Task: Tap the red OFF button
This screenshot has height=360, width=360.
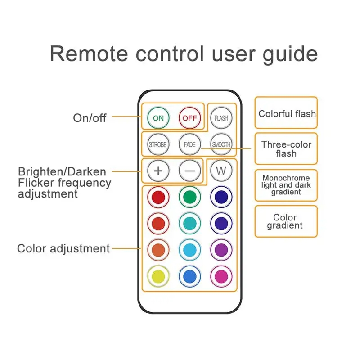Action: (x=189, y=118)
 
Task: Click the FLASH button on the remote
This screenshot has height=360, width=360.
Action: (x=221, y=118)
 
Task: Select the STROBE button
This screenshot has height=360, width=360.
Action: (x=158, y=144)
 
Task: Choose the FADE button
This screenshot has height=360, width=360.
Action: (x=189, y=144)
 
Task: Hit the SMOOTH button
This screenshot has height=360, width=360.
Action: (x=221, y=144)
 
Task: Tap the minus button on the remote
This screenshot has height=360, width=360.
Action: (x=189, y=171)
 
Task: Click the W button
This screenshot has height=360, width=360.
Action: (x=221, y=171)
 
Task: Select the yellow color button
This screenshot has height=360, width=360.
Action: (x=158, y=276)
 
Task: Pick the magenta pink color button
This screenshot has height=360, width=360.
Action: (x=221, y=276)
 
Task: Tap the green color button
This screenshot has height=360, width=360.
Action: (x=189, y=197)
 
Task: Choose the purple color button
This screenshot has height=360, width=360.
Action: (x=221, y=250)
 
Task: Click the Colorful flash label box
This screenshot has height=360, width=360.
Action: (x=286, y=112)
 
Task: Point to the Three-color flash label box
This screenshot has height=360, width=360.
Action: (x=286, y=148)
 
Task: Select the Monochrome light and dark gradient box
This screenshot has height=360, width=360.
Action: (x=286, y=185)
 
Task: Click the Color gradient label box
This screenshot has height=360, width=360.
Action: (x=286, y=221)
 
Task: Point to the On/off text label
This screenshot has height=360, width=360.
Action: (x=90, y=118)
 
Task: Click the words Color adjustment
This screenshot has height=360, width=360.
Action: (x=63, y=249)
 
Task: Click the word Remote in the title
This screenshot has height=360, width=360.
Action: (x=89, y=54)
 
